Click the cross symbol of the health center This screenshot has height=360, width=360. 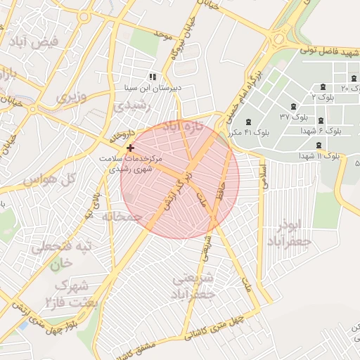130,148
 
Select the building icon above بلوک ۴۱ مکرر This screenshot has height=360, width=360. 247,122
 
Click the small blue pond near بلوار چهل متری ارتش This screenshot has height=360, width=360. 24,326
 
